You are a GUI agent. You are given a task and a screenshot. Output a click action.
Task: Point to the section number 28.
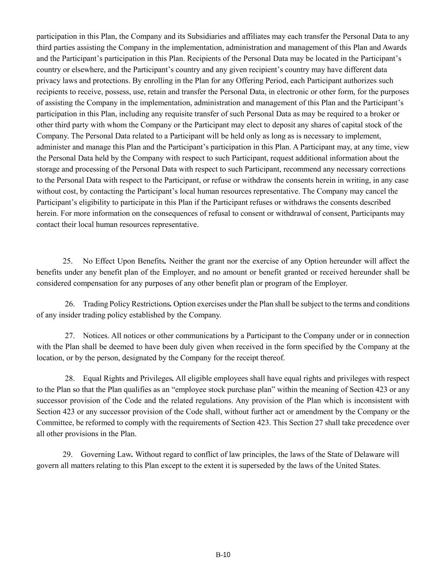pos(70,378)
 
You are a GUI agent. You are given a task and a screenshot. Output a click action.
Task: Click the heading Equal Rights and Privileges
pos(128,378)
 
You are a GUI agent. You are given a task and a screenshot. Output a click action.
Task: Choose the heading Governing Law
pos(106,454)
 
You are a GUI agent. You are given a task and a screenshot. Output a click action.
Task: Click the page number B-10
pos(223,555)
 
